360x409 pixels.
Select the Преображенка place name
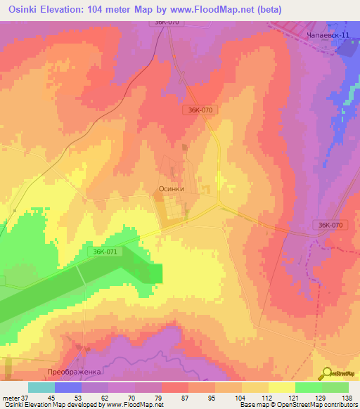pyautogui.click(x=75, y=370)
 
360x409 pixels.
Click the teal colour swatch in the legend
pyautogui.click(x=41, y=387)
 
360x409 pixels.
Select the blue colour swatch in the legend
pyautogui.click(x=68, y=387)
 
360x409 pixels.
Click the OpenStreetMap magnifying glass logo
pyautogui.click(x=327, y=374)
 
